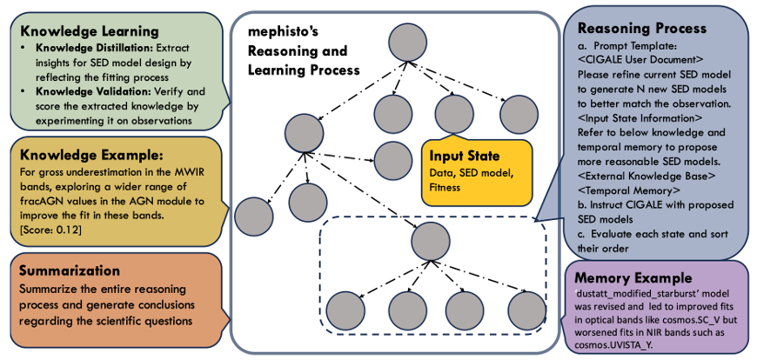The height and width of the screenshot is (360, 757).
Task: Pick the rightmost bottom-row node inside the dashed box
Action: [x=525, y=310]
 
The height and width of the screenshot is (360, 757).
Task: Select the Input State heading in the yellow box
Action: [x=466, y=157]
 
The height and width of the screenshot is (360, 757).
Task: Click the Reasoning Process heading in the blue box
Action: [x=640, y=28]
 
